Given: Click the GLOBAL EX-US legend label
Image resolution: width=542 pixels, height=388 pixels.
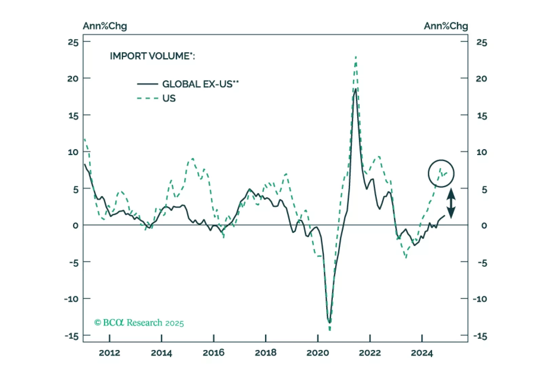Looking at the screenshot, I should [x=200, y=84].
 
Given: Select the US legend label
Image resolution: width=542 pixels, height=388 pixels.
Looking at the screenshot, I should [x=169, y=98].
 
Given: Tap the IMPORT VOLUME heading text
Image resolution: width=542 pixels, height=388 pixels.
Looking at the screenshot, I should [x=152, y=56].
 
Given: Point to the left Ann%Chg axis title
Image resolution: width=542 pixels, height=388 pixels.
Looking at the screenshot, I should [x=105, y=26].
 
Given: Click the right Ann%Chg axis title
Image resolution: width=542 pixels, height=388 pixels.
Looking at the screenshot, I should [x=446, y=26].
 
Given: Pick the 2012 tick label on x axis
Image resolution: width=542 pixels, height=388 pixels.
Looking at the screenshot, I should [x=109, y=353].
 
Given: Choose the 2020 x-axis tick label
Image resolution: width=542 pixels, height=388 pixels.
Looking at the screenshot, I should [x=317, y=353].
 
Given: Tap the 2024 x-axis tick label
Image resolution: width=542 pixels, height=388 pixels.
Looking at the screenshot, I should [x=422, y=353].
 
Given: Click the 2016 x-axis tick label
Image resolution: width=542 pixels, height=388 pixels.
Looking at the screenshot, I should [x=213, y=353].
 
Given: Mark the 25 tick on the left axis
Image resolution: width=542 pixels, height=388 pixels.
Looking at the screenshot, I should [x=73, y=42].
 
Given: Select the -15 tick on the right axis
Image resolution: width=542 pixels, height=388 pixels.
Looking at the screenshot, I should [x=480, y=336].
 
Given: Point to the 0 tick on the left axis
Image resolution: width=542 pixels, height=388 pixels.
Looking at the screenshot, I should [x=75, y=225].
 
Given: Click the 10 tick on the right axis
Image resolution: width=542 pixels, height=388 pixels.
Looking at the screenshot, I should [x=481, y=152].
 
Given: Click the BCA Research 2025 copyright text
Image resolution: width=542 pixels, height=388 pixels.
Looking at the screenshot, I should [x=139, y=323].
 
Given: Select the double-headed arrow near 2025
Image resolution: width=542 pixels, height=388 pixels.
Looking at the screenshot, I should [x=451, y=203].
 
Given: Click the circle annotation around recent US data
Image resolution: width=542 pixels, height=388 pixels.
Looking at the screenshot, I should [x=441, y=173].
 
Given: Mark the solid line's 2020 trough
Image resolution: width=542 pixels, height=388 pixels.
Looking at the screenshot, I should [x=329, y=322].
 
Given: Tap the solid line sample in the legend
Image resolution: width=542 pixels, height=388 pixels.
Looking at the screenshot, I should [x=147, y=84].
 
